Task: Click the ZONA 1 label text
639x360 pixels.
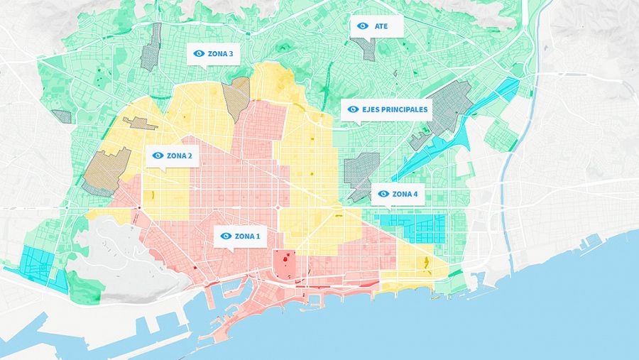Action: (x=248, y=236)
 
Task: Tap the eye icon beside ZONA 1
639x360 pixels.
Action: (x=226, y=236)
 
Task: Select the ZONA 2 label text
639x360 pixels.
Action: (x=179, y=156)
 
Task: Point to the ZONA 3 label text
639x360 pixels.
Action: (x=220, y=53)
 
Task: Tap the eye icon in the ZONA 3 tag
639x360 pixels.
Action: (x=199, y=53)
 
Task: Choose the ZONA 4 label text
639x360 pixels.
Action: (x=405, y=194)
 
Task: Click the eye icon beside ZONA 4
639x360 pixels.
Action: (x=383, y=194)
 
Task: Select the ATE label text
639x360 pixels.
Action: (x=381, y=26)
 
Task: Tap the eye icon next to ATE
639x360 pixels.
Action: (x=363, y=26)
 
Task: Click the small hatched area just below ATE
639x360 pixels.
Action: (x=366, y=48)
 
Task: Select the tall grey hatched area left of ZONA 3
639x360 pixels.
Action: (x=151, y=46)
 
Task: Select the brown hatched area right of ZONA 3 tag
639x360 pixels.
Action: (x=236, y=97)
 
